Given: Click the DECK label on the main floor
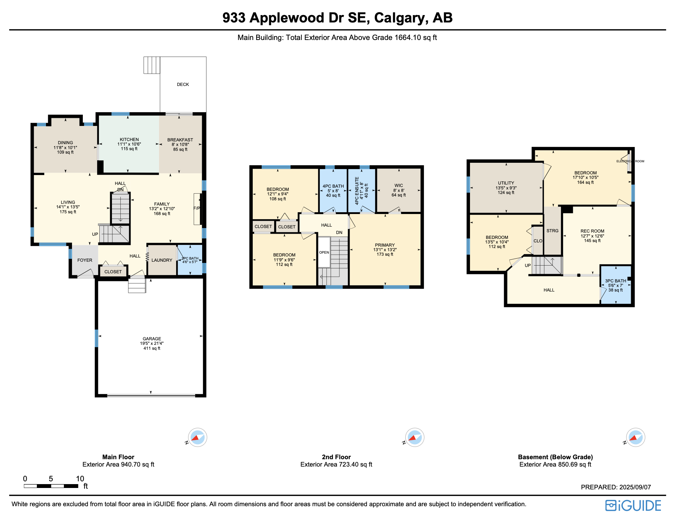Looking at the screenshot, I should [x=183, y=85].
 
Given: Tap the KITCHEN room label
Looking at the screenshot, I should [x=129, y=140].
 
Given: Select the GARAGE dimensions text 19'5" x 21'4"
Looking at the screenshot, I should [x=152, y=343].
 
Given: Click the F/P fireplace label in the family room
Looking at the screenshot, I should [x=197, y=208].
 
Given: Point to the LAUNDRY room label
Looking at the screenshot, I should [x=162, y=260].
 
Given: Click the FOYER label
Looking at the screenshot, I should [x=85, y=260].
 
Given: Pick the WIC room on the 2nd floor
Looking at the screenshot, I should [x=399, y=186].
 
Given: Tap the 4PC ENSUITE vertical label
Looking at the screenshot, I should [x=357, y=190].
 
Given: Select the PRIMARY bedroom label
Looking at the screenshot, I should [x=385, y=245].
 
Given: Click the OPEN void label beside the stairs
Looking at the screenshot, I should [x=324, y=253].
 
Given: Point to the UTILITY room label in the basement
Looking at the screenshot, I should [x=506, y=183].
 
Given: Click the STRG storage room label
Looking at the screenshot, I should [x=552, y=231].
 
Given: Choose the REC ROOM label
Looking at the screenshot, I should [x=592, y=231].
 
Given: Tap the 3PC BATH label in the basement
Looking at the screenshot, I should [x=615, y=281].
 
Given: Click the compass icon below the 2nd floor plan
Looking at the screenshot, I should [x=415, y=437].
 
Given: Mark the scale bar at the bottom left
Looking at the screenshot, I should [x=51, y=486].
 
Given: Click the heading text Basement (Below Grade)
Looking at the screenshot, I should [x=555, y=457].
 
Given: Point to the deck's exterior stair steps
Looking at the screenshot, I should [x=152, y=65].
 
